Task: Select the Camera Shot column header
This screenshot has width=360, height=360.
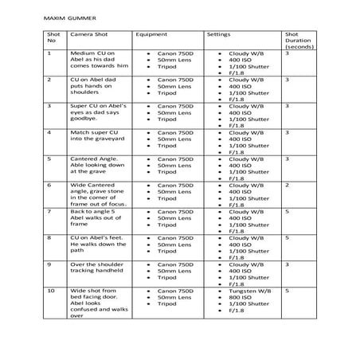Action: click(x=89, y=36)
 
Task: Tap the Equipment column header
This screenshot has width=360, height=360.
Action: click(x=151, y=36)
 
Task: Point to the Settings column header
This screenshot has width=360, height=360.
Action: click(x=219, y=36)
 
